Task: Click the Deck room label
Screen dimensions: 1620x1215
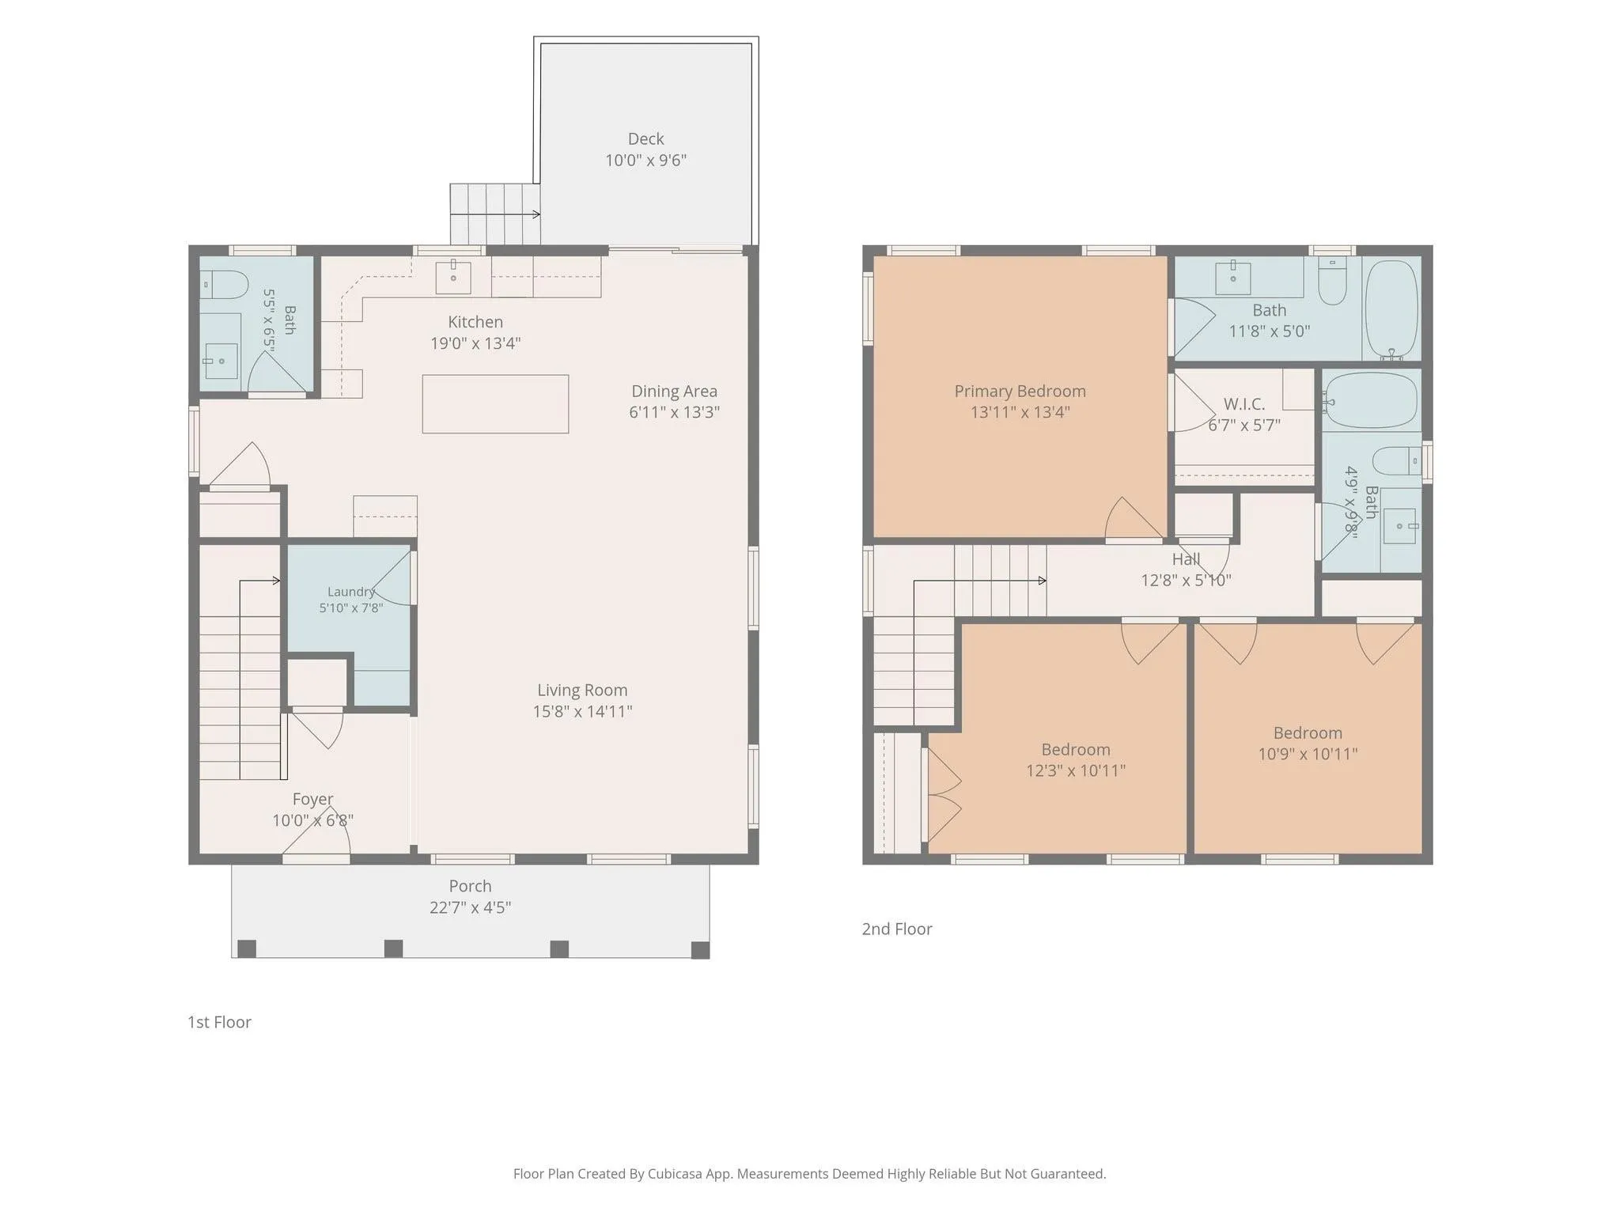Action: [645, 139]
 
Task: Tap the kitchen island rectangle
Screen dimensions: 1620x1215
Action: [495, 404]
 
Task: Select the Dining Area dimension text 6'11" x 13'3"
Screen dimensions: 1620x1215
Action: [674, 412]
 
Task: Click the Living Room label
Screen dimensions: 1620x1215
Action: [582, 691]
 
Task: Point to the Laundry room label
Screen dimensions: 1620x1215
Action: [351, 592]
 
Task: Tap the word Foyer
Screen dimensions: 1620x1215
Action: [312, 799]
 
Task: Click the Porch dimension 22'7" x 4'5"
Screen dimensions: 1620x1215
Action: [470, 907]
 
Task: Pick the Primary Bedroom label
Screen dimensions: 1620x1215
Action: [1020, 391]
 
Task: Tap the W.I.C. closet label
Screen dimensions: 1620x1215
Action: [1244, 404]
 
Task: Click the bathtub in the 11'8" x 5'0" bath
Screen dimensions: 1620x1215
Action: [1392, 310]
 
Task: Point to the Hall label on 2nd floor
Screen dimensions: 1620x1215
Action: [1186, 559]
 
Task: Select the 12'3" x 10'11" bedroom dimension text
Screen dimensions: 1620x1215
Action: [1076, 770]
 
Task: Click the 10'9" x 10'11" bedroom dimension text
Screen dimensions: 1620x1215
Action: [1308, 754]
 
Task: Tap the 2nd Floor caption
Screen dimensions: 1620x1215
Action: [897, 929]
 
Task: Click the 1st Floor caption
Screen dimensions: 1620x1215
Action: [219, 1022]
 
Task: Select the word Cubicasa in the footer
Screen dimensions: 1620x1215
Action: [677, 1174]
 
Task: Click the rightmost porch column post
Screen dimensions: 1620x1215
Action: [700, 949]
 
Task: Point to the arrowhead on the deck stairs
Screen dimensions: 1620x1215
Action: [537, 214]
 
